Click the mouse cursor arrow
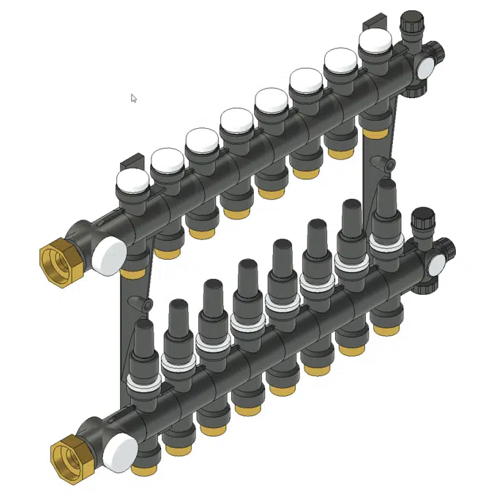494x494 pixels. click(134, 98)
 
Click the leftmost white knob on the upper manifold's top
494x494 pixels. click(132, 181)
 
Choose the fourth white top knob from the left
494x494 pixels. click(236, 120)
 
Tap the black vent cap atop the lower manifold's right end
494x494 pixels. click(422, 218)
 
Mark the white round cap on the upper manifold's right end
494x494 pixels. click(424, 67)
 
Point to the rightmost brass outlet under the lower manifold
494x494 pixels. click(386, 329)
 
